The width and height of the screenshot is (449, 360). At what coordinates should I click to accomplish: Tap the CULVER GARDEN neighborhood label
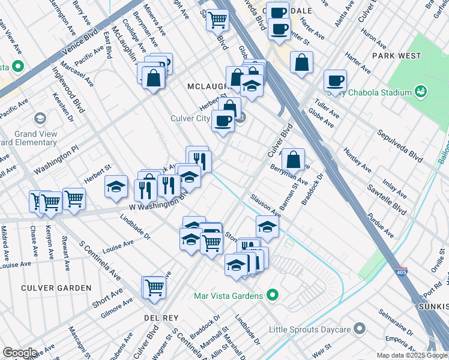pos(56,288)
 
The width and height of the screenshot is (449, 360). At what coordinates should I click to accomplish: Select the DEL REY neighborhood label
pos(158,316)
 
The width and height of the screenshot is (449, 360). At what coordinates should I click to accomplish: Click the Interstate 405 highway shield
pos(402,272)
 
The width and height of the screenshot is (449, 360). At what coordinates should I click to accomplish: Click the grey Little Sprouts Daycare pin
pos(359,328)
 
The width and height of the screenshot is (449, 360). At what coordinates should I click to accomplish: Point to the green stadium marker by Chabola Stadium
pos(422,92)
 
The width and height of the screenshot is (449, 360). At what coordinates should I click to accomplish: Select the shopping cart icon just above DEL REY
pos(155,287)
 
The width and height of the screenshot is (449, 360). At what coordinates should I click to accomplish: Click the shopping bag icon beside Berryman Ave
pos(293,160)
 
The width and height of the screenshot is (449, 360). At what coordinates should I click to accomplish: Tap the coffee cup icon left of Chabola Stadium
pos(335,80)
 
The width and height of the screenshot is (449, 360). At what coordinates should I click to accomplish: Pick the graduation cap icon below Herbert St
pos(116,187)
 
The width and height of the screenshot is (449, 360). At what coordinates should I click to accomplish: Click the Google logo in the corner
pos(20,353)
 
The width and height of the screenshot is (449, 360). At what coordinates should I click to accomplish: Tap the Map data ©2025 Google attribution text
pos(411,355)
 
